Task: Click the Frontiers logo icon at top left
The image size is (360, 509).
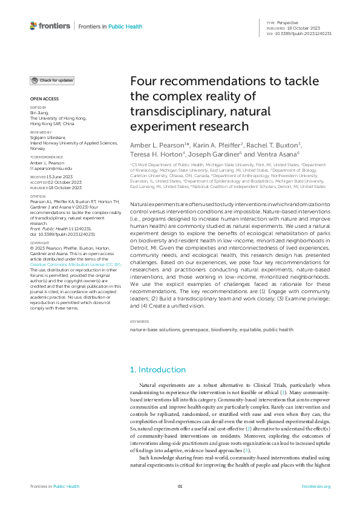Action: point(33,26)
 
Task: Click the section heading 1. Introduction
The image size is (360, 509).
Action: point(158,369)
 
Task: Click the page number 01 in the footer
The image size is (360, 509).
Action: point(180,487)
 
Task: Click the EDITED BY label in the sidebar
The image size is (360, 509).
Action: point(38,108)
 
